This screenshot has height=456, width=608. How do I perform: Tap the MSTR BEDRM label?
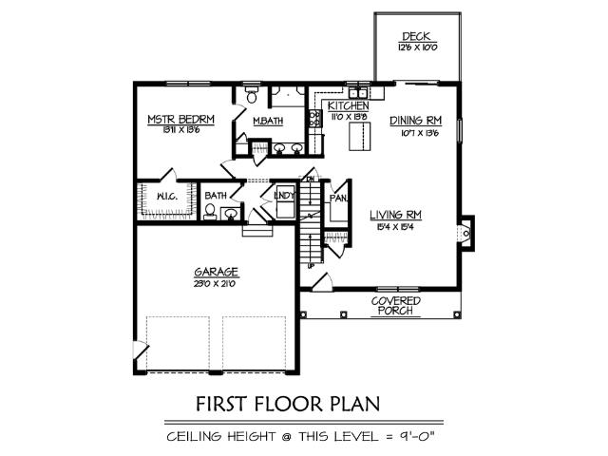[x=180, y=120]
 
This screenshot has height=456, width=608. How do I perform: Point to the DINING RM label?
[x=417, y=121]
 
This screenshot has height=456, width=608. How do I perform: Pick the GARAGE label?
[x=218, y=271]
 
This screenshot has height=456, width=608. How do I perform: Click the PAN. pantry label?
[x=337, y=199]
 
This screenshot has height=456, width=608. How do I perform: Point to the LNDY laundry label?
[x=283, y=196]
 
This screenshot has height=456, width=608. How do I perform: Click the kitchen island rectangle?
[x=358, y=137]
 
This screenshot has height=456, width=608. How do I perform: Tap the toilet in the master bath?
[x=252, y=96]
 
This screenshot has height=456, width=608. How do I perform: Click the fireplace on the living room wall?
[x=465, y=232]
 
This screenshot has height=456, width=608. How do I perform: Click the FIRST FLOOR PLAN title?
[x=288, y=403]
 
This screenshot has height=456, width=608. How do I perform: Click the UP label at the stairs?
[x=311, y=265]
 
